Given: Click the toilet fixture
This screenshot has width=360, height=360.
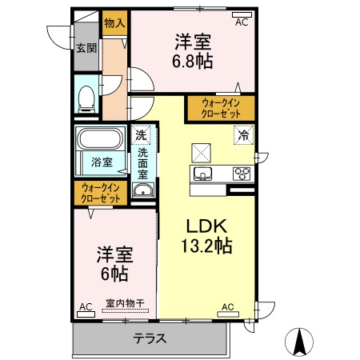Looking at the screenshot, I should [x=86, y=98].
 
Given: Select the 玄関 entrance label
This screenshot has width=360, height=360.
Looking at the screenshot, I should [x=86, y=47].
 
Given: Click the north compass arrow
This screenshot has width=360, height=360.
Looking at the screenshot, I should [x=301, y=342].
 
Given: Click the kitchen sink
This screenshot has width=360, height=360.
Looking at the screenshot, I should [x=202, y=174].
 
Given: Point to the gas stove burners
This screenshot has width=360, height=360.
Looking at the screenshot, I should [x=242, y=173].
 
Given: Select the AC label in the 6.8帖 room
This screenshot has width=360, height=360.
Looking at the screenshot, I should [x=242, y=22].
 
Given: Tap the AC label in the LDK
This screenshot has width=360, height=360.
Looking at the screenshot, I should [x=228, y=306].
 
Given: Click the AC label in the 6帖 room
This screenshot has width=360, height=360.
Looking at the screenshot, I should [x=86, y=306].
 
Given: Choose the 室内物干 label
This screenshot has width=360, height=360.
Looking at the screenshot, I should [x=126, y=304].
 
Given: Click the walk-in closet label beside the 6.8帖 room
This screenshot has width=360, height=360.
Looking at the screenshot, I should [x=221, y=107].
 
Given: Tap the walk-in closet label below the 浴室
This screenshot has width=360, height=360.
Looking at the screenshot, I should [x=101, y=193].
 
